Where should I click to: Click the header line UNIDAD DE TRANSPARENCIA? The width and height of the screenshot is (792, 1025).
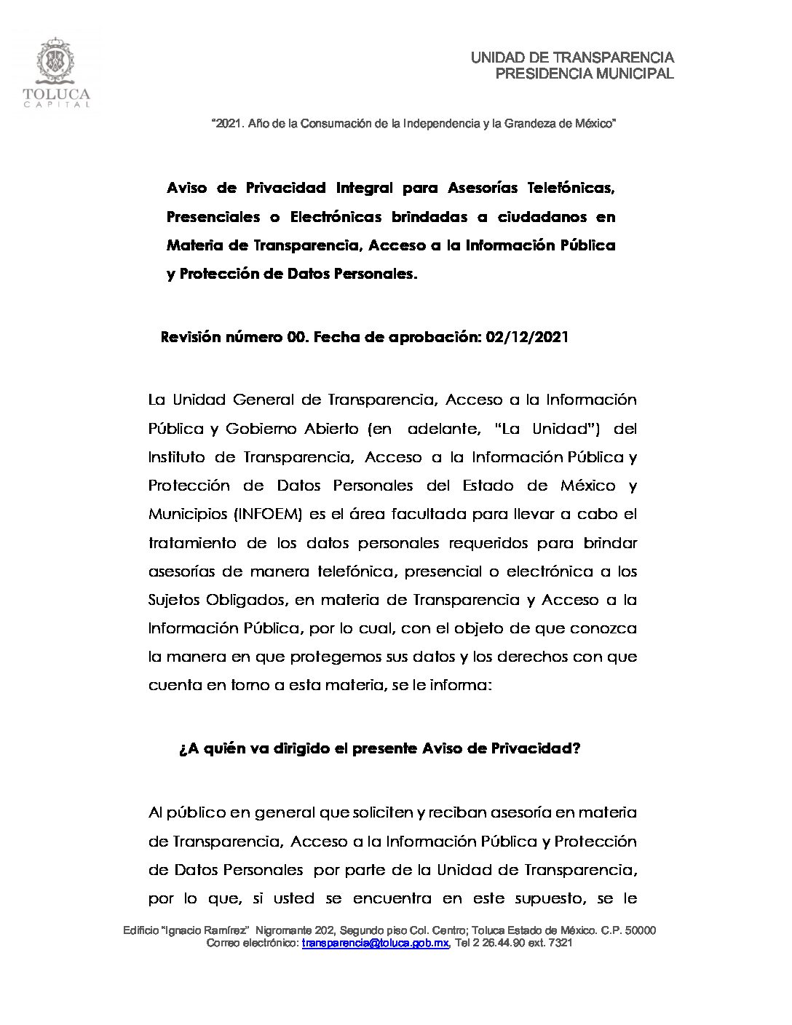point(572,58)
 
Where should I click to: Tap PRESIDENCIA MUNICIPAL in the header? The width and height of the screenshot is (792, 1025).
point(584,74)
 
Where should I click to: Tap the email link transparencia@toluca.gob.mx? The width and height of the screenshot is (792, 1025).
point(376,943)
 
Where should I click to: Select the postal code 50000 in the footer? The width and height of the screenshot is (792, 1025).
point(641,931)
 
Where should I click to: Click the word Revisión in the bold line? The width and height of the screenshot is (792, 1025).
point(191,337)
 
